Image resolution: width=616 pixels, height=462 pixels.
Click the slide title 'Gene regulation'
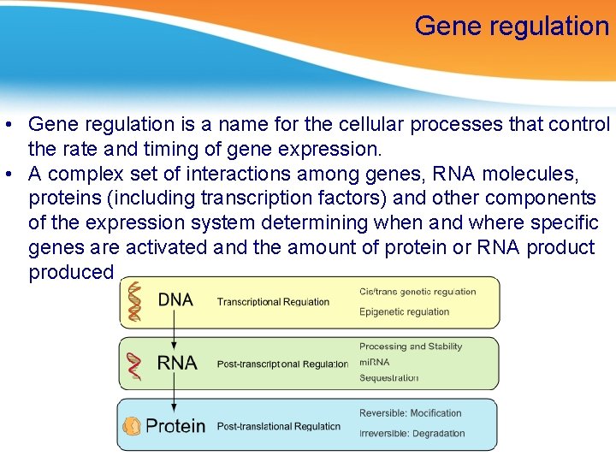tap(511, 26)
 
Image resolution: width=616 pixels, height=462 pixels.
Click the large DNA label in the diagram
tap(175, 300)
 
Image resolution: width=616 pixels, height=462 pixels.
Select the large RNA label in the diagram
tap(176, 363)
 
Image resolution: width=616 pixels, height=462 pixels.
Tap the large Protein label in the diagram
tap(175, 425)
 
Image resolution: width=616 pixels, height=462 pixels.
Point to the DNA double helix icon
tap(133, 301)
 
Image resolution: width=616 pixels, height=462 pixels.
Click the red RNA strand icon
tap(133, 365)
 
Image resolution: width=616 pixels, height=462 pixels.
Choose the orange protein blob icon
tap(132, 425)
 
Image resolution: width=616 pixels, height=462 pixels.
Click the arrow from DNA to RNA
tap(175, 330)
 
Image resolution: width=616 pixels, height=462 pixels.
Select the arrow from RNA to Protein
tap(175, 393)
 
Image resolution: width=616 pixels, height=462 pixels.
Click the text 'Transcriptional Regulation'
tap(273, 302)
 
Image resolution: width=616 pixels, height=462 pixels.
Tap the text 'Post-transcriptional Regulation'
tap(282, 364)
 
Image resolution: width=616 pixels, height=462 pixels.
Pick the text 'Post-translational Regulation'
tap(278, 426)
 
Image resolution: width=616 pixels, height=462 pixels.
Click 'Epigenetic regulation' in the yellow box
tap(404, 312)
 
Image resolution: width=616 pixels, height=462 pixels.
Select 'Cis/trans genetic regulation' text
tap(418, 292)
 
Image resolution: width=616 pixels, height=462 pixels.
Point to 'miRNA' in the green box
tap(374, 362)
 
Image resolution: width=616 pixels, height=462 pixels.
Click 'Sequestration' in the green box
tap(388, 377)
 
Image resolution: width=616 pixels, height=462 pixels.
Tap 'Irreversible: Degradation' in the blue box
tap(412, 433)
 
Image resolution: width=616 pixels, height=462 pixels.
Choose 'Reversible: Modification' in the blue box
tap(410, 413)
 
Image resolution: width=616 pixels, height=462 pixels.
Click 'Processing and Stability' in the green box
tap(410, 346)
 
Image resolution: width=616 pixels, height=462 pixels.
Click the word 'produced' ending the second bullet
tap(71, 272)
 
